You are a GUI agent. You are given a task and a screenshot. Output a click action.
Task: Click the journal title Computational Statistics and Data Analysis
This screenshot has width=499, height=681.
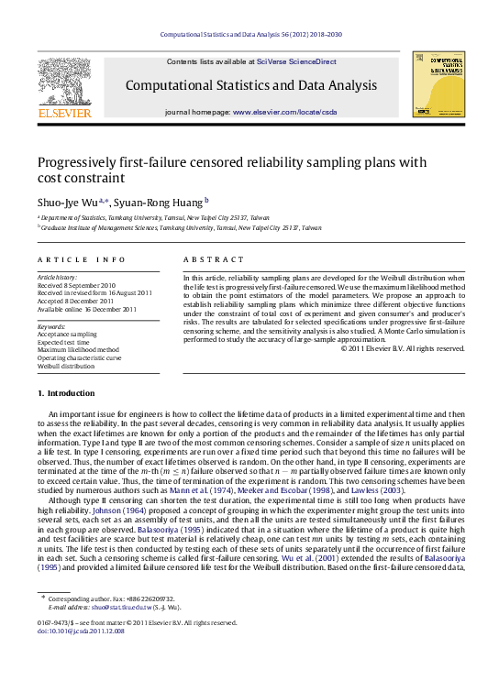250,85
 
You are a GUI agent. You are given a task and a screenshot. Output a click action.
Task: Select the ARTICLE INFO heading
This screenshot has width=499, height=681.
82,259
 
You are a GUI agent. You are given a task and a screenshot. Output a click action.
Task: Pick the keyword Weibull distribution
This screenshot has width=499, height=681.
66,366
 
